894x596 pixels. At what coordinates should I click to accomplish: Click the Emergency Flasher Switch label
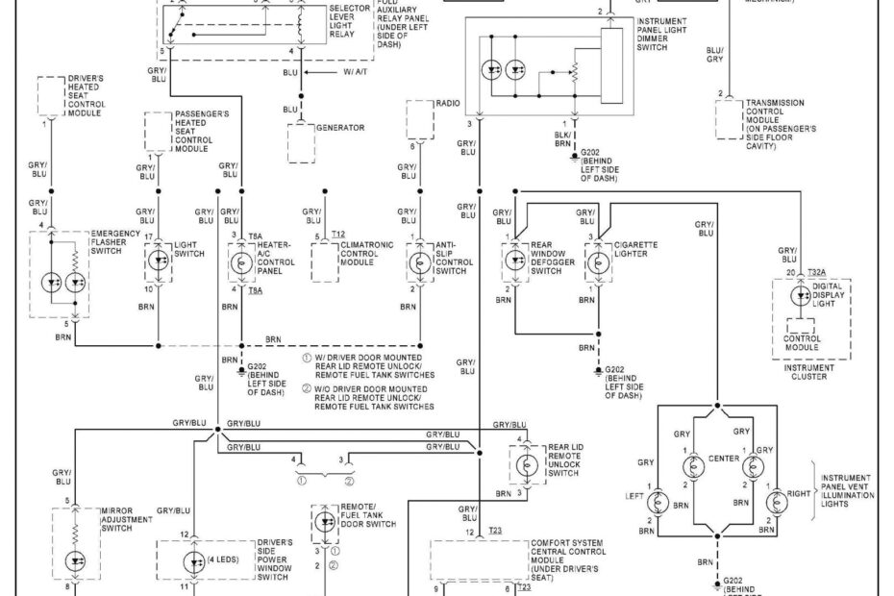(114, 242)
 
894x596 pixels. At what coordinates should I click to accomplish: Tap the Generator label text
(337, 126)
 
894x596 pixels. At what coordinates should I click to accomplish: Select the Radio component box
(420, 122)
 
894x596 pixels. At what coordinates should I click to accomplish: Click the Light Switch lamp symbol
(159, 259)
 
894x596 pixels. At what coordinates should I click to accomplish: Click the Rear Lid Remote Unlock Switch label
(562, 459)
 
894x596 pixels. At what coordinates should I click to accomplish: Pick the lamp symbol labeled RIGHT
(776, 502)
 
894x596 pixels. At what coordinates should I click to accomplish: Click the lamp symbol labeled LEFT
(658, 502)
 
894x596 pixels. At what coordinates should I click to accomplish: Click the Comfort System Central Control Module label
(570, 559)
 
